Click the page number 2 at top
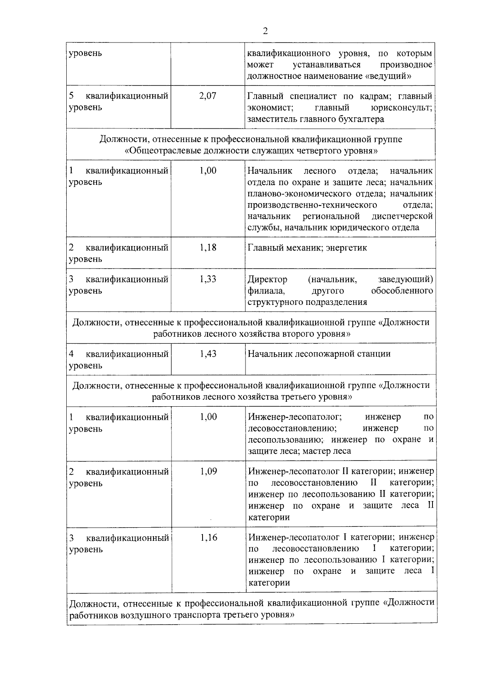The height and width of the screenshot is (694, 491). point(265,31)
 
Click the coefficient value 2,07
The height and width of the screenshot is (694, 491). point(208,96)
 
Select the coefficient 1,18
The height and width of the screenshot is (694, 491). point(208,247)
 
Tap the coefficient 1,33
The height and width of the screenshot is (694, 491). point(208,279)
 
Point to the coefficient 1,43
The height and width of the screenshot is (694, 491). point(208,354)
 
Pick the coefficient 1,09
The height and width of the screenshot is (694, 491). point(208,471)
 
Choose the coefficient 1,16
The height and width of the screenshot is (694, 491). point(209,537)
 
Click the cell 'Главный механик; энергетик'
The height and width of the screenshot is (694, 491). point(307,248)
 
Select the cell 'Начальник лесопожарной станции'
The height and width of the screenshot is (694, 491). point(319,354)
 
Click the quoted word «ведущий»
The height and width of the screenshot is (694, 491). point(390,76)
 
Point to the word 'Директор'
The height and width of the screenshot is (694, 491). point(268,280)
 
